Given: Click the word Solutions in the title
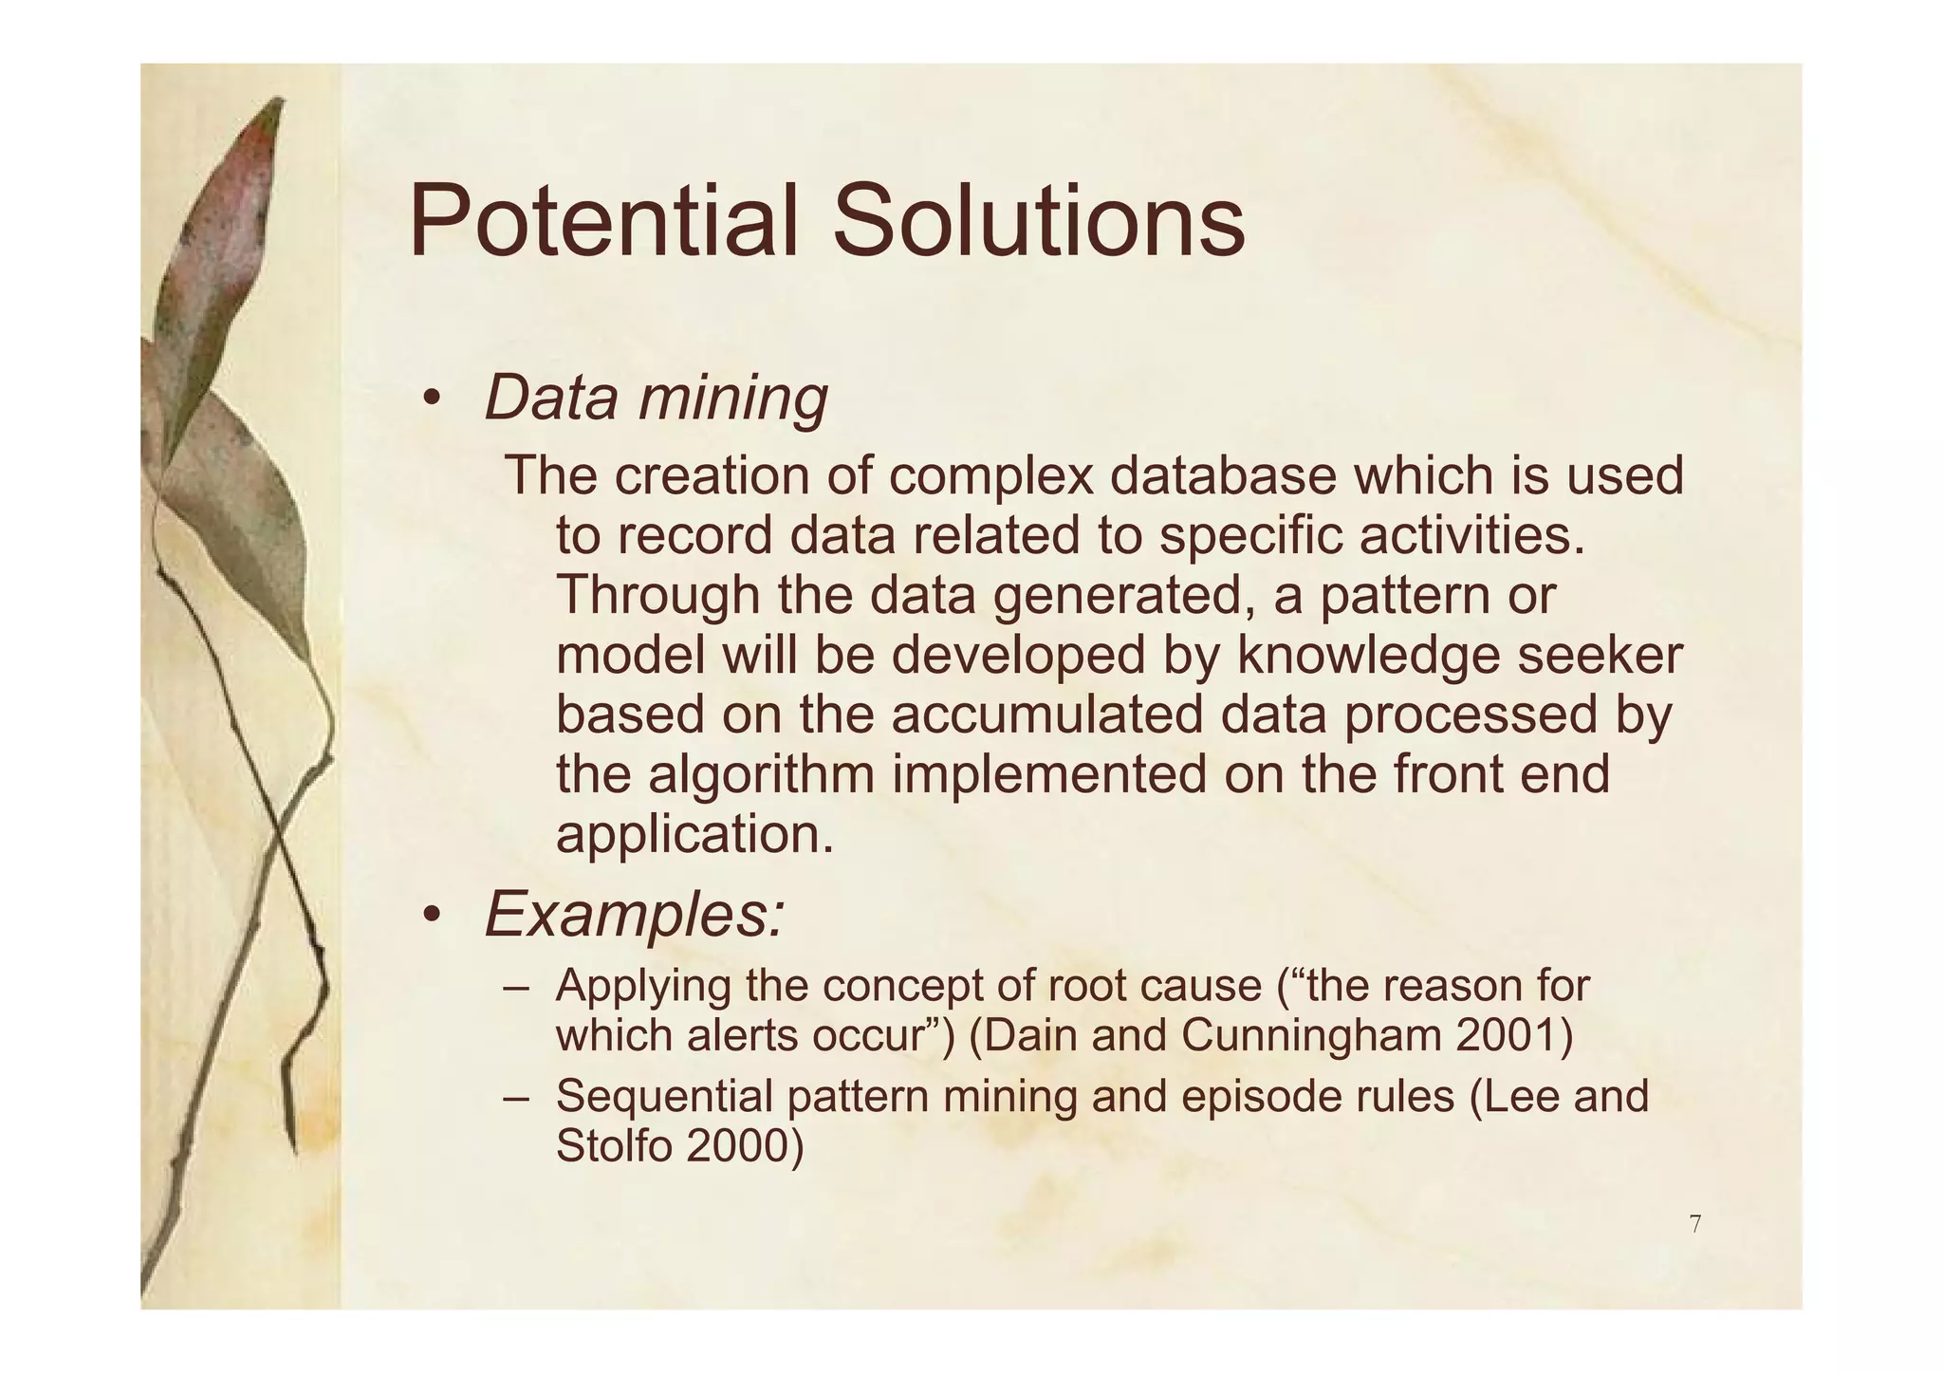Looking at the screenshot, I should [x=1038, y=222].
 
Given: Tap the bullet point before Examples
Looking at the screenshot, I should [x=432, y=915].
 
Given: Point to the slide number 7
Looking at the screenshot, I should [x=1694, y=1224].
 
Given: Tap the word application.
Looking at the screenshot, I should [x=694, y=835].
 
